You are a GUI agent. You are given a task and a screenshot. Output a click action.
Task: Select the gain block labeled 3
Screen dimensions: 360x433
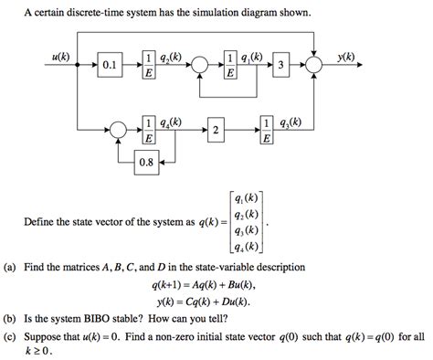pos(282,66)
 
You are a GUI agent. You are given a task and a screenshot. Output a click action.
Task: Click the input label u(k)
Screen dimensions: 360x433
pos(63,56)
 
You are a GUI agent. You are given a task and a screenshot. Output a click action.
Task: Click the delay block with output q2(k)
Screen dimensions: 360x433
pos(149,66)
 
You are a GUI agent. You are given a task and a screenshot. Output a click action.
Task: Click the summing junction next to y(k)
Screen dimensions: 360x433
pos(315,66)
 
